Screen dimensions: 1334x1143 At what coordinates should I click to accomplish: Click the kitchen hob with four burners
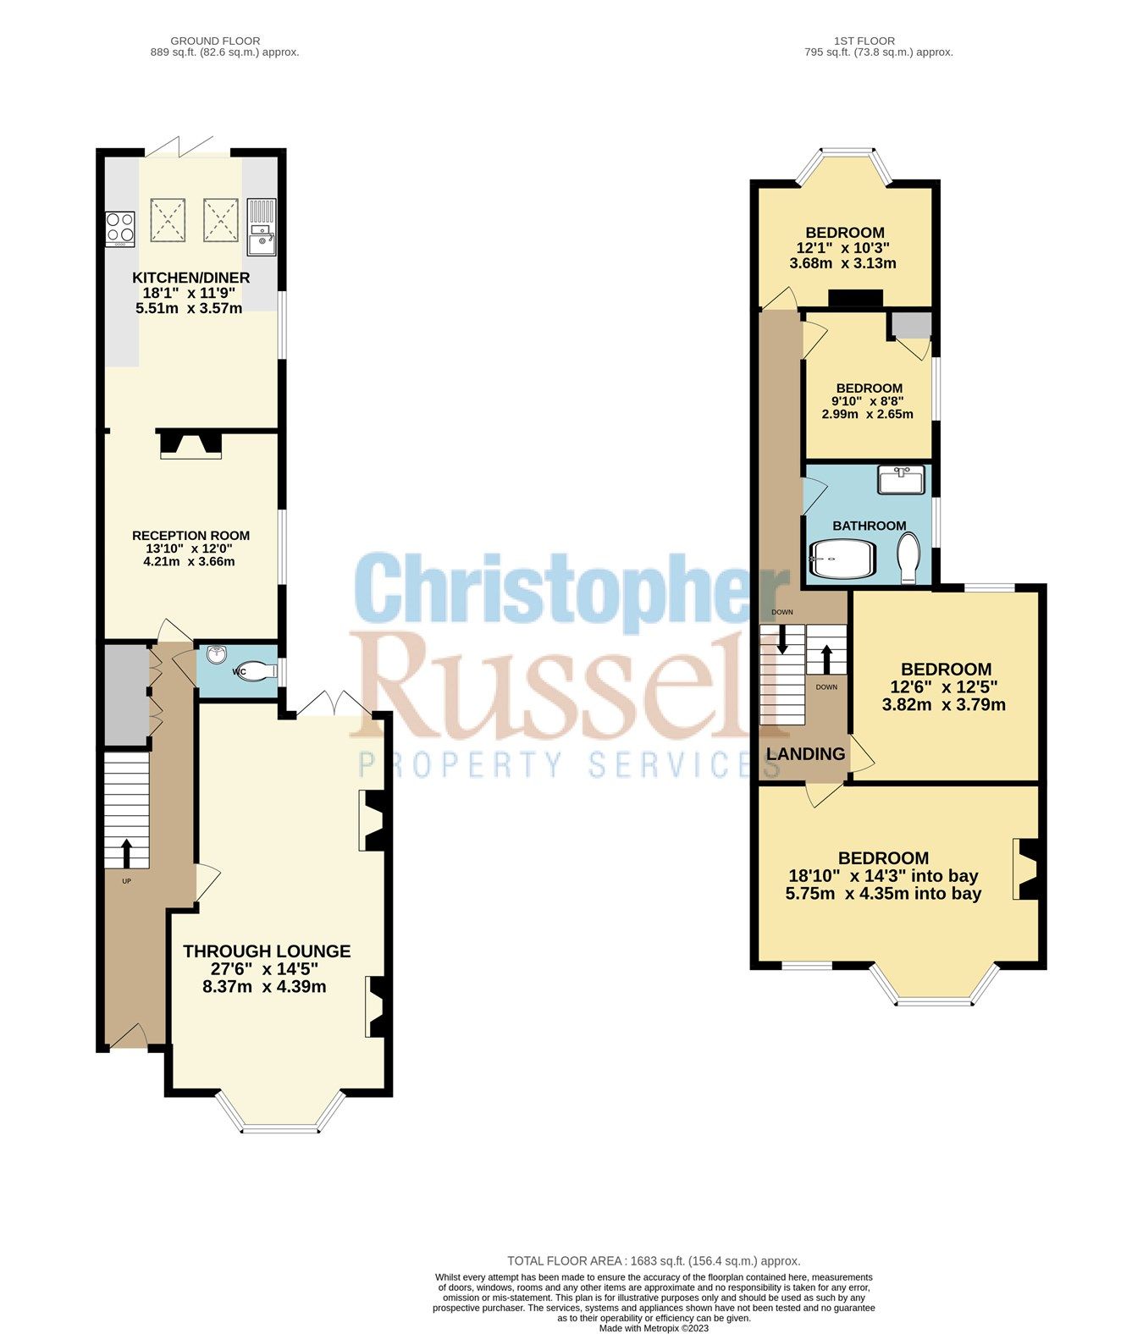120,228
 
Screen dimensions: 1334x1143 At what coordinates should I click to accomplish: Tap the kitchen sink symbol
261,227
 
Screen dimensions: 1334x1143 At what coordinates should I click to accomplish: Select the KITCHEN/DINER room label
190,278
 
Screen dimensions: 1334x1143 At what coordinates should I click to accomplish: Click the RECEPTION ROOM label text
190,535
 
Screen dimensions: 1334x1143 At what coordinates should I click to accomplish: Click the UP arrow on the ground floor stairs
127,852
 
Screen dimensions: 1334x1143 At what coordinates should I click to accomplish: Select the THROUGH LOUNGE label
267,951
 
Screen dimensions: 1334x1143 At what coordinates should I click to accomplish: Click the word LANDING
805,753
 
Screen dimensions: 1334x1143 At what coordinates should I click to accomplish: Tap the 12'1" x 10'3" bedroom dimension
843,248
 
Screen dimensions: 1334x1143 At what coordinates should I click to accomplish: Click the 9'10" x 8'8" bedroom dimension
867,401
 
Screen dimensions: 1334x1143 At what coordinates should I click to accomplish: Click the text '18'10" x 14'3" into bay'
883,876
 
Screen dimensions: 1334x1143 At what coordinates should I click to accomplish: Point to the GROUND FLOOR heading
215,41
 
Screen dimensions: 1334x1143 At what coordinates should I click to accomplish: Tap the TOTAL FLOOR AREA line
654,1260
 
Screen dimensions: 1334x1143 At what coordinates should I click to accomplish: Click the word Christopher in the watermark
559,589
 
